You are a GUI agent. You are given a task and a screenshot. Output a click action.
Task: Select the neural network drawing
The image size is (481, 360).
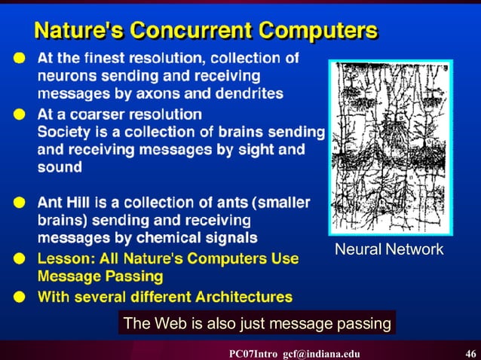click(390, 148)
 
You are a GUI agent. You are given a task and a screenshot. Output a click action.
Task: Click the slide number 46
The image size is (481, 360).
click(470, 353)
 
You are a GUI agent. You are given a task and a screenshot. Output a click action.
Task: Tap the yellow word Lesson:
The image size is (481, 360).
click(65, 258)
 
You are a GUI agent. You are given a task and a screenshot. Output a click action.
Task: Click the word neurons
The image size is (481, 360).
click(64, 75)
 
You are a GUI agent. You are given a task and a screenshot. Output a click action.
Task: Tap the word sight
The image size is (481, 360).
click(252, 150)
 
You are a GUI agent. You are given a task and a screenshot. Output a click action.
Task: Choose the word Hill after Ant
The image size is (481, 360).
click(78, 203)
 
